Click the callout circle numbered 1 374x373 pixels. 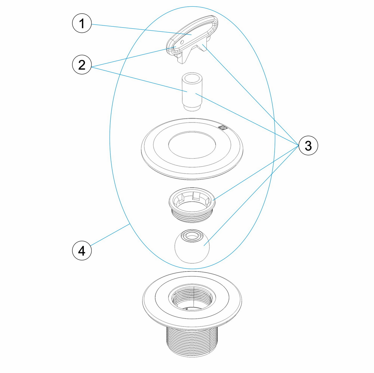[82, 23]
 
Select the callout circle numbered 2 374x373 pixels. [82, 65]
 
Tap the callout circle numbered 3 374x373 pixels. [308, 145]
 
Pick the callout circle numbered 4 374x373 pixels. [82, 250]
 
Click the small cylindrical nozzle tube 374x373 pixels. [192, 92]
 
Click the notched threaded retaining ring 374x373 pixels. [192, 205]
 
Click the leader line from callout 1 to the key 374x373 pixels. [142, 29]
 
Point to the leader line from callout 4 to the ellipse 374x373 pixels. [110, 235]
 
